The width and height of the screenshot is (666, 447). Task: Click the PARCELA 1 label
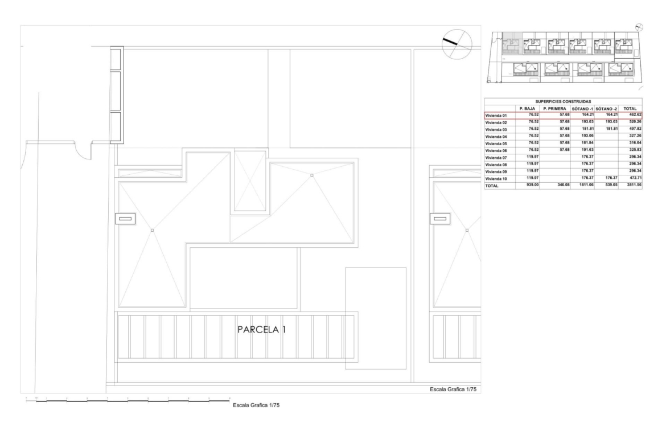point(262,329)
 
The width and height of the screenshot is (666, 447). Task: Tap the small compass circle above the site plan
point(639,27)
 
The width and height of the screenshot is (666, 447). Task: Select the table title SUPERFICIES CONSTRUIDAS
point(563,101)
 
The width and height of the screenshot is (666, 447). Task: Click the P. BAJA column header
point(527,109)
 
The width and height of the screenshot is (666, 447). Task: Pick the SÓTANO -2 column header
point(607,109)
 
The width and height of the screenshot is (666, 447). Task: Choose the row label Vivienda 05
point(496,143)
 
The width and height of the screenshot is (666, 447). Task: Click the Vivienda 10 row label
point(496,179)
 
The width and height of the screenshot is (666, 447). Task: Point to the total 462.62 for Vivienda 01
point(635,114)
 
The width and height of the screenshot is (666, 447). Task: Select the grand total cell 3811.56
point(634,185)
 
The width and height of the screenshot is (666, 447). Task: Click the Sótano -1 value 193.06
point(587,136)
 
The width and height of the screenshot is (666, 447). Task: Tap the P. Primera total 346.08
point(563,185)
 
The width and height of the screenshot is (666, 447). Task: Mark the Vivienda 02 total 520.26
point(635,121)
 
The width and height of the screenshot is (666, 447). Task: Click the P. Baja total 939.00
point(533,185)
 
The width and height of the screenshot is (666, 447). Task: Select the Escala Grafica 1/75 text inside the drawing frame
point(453,389)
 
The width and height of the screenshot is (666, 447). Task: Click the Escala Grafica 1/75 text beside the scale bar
point(256,405)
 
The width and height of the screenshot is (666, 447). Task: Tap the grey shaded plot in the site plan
point(512,43)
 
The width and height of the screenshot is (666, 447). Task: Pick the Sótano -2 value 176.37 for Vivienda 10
point(611,178)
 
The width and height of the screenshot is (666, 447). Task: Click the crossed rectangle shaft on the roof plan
point(250,181)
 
